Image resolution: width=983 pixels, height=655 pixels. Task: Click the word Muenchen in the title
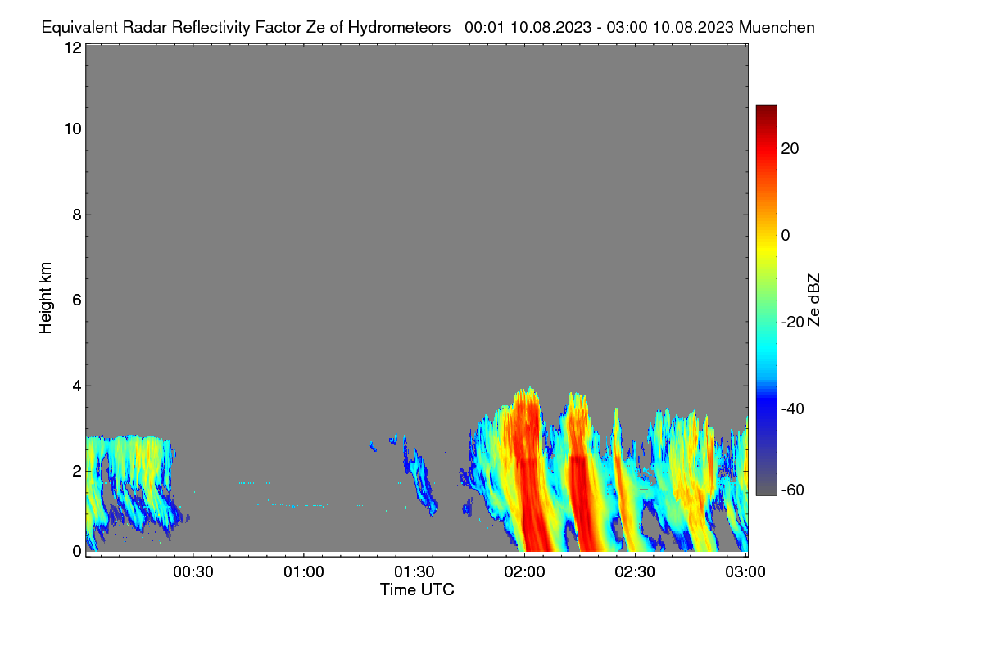click(777, 28)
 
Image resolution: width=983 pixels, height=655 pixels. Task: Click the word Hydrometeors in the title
click(399, 28)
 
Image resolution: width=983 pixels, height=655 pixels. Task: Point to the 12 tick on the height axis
click(73, 47)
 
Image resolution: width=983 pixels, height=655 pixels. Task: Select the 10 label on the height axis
click(73, 129)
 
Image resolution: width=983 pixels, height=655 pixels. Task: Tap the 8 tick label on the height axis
click(77, 215)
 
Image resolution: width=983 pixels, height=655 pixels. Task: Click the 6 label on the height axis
click(77, 300)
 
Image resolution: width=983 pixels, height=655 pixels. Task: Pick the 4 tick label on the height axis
click(77, 386)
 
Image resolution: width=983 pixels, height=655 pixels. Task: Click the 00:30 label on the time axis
click(193, 571)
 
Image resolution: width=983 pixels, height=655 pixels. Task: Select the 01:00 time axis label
click(304, 571)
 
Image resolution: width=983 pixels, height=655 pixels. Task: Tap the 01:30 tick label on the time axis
click(414, 571)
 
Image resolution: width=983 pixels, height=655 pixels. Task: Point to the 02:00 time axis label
click(525, 571)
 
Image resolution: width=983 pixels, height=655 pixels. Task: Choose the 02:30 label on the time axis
click(635, 571)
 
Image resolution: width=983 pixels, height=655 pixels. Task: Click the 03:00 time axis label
click(745, 571)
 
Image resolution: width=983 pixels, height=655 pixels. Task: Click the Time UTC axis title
click(417, 589)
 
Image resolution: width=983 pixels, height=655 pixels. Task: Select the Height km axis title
click(45, 298)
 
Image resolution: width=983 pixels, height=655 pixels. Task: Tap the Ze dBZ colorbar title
click(813, 300)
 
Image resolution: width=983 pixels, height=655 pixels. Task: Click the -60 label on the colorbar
click(793, 490)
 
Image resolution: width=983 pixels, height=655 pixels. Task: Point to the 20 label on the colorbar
click(790, 149)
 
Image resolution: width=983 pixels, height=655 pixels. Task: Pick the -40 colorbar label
click(793, 409)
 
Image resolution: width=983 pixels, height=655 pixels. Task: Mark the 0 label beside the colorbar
click(786, 236)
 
